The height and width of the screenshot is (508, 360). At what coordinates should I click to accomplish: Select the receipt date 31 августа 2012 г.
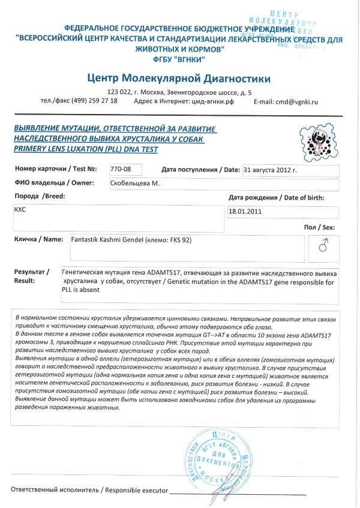(x=271, y=170)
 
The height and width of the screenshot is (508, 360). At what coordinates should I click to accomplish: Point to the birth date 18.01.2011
(x=245, y=211)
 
